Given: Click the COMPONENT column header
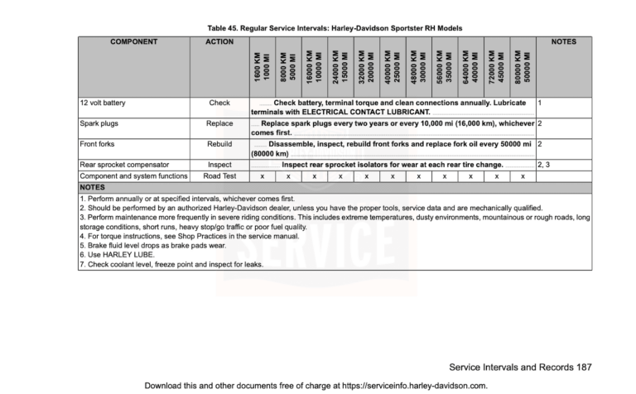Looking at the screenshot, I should pos(135,41).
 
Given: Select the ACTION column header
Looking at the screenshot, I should pos(219,41).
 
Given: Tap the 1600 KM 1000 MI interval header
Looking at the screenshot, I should pos(262,66).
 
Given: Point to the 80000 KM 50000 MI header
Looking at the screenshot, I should pos(523,66).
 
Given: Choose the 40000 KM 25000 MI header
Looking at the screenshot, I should pos(393,66).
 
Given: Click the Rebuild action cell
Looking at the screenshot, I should pos(219,144).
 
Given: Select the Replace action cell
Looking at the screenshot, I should pos(219,123).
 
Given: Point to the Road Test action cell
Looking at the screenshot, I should pos(219,176).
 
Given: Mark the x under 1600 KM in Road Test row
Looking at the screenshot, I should pos(262,176).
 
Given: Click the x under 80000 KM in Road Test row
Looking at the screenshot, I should pos(523,176).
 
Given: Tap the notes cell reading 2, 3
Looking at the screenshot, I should pos(544,165).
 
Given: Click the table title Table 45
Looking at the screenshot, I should pos(335,28).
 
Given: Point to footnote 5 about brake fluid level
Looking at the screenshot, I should pos(141,246).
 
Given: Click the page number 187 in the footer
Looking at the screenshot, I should pos(584,366).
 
